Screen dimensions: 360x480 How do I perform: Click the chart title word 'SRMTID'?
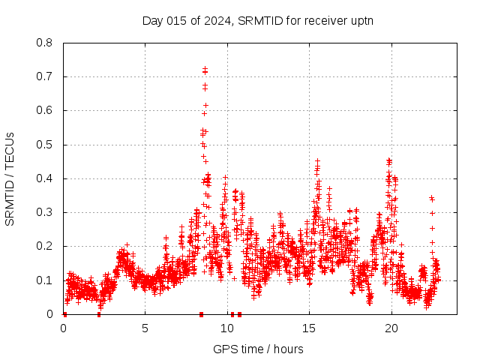tap(258, 20)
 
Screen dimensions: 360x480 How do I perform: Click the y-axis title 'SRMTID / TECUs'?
tap(10, 178)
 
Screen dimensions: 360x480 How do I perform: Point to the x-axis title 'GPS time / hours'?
tap(258, 349)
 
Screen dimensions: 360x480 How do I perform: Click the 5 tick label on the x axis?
tap(145, 328)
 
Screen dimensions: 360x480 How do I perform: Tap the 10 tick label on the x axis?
tap(227, 328)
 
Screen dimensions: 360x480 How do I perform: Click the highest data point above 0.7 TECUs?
tap(205, 69)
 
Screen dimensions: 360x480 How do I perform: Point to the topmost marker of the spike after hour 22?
tap(431, 198)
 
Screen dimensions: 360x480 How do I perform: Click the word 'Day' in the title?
tap(153, 20)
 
